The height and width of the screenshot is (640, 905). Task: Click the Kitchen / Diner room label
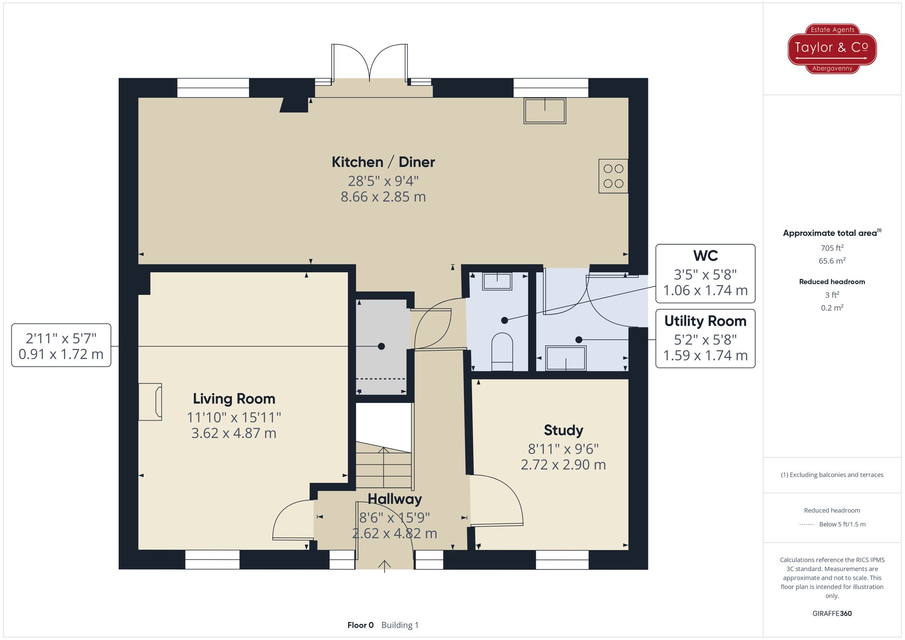click(383, 162)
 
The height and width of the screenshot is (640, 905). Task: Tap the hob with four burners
click(613, 176)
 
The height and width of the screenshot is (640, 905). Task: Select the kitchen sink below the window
click(544, 110)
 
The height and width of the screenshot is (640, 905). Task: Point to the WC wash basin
click(497, 281)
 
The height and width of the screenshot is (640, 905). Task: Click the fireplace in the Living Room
click(151, 402)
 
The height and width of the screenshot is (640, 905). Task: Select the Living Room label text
click(234, 398)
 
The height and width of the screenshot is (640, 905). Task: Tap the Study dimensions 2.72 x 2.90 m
click(563, 465)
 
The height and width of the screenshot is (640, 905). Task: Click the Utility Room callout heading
click(705, 321)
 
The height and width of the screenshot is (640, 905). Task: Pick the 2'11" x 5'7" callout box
click(61, 346)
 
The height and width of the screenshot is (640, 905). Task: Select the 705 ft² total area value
click(832, 248)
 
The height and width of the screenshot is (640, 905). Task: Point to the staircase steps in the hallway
click(383, 466)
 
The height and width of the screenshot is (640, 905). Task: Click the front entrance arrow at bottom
click(384, 565)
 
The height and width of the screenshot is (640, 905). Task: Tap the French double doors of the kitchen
click(370, 63)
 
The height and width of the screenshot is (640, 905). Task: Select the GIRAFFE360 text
click(832, 614)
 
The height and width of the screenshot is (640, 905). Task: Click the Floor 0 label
click(360, 625)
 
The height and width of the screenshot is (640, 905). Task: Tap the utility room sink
click(566, 358)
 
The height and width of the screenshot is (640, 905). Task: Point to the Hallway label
click(395, 499)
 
